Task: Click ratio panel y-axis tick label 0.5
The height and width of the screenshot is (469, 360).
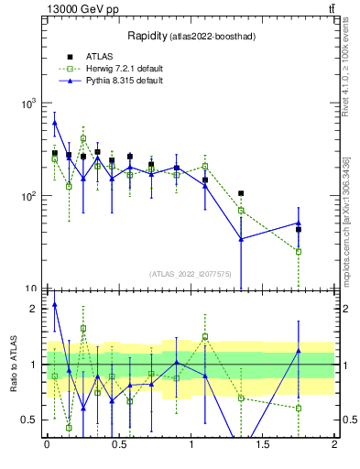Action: pos(29,420)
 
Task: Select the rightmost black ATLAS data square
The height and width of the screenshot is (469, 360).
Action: pos(299,230)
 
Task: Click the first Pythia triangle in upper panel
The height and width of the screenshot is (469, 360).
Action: pos(55,122)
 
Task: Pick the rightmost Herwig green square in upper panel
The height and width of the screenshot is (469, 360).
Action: pos(299,251)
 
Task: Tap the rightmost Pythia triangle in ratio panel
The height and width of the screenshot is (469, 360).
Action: pos(299,351)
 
